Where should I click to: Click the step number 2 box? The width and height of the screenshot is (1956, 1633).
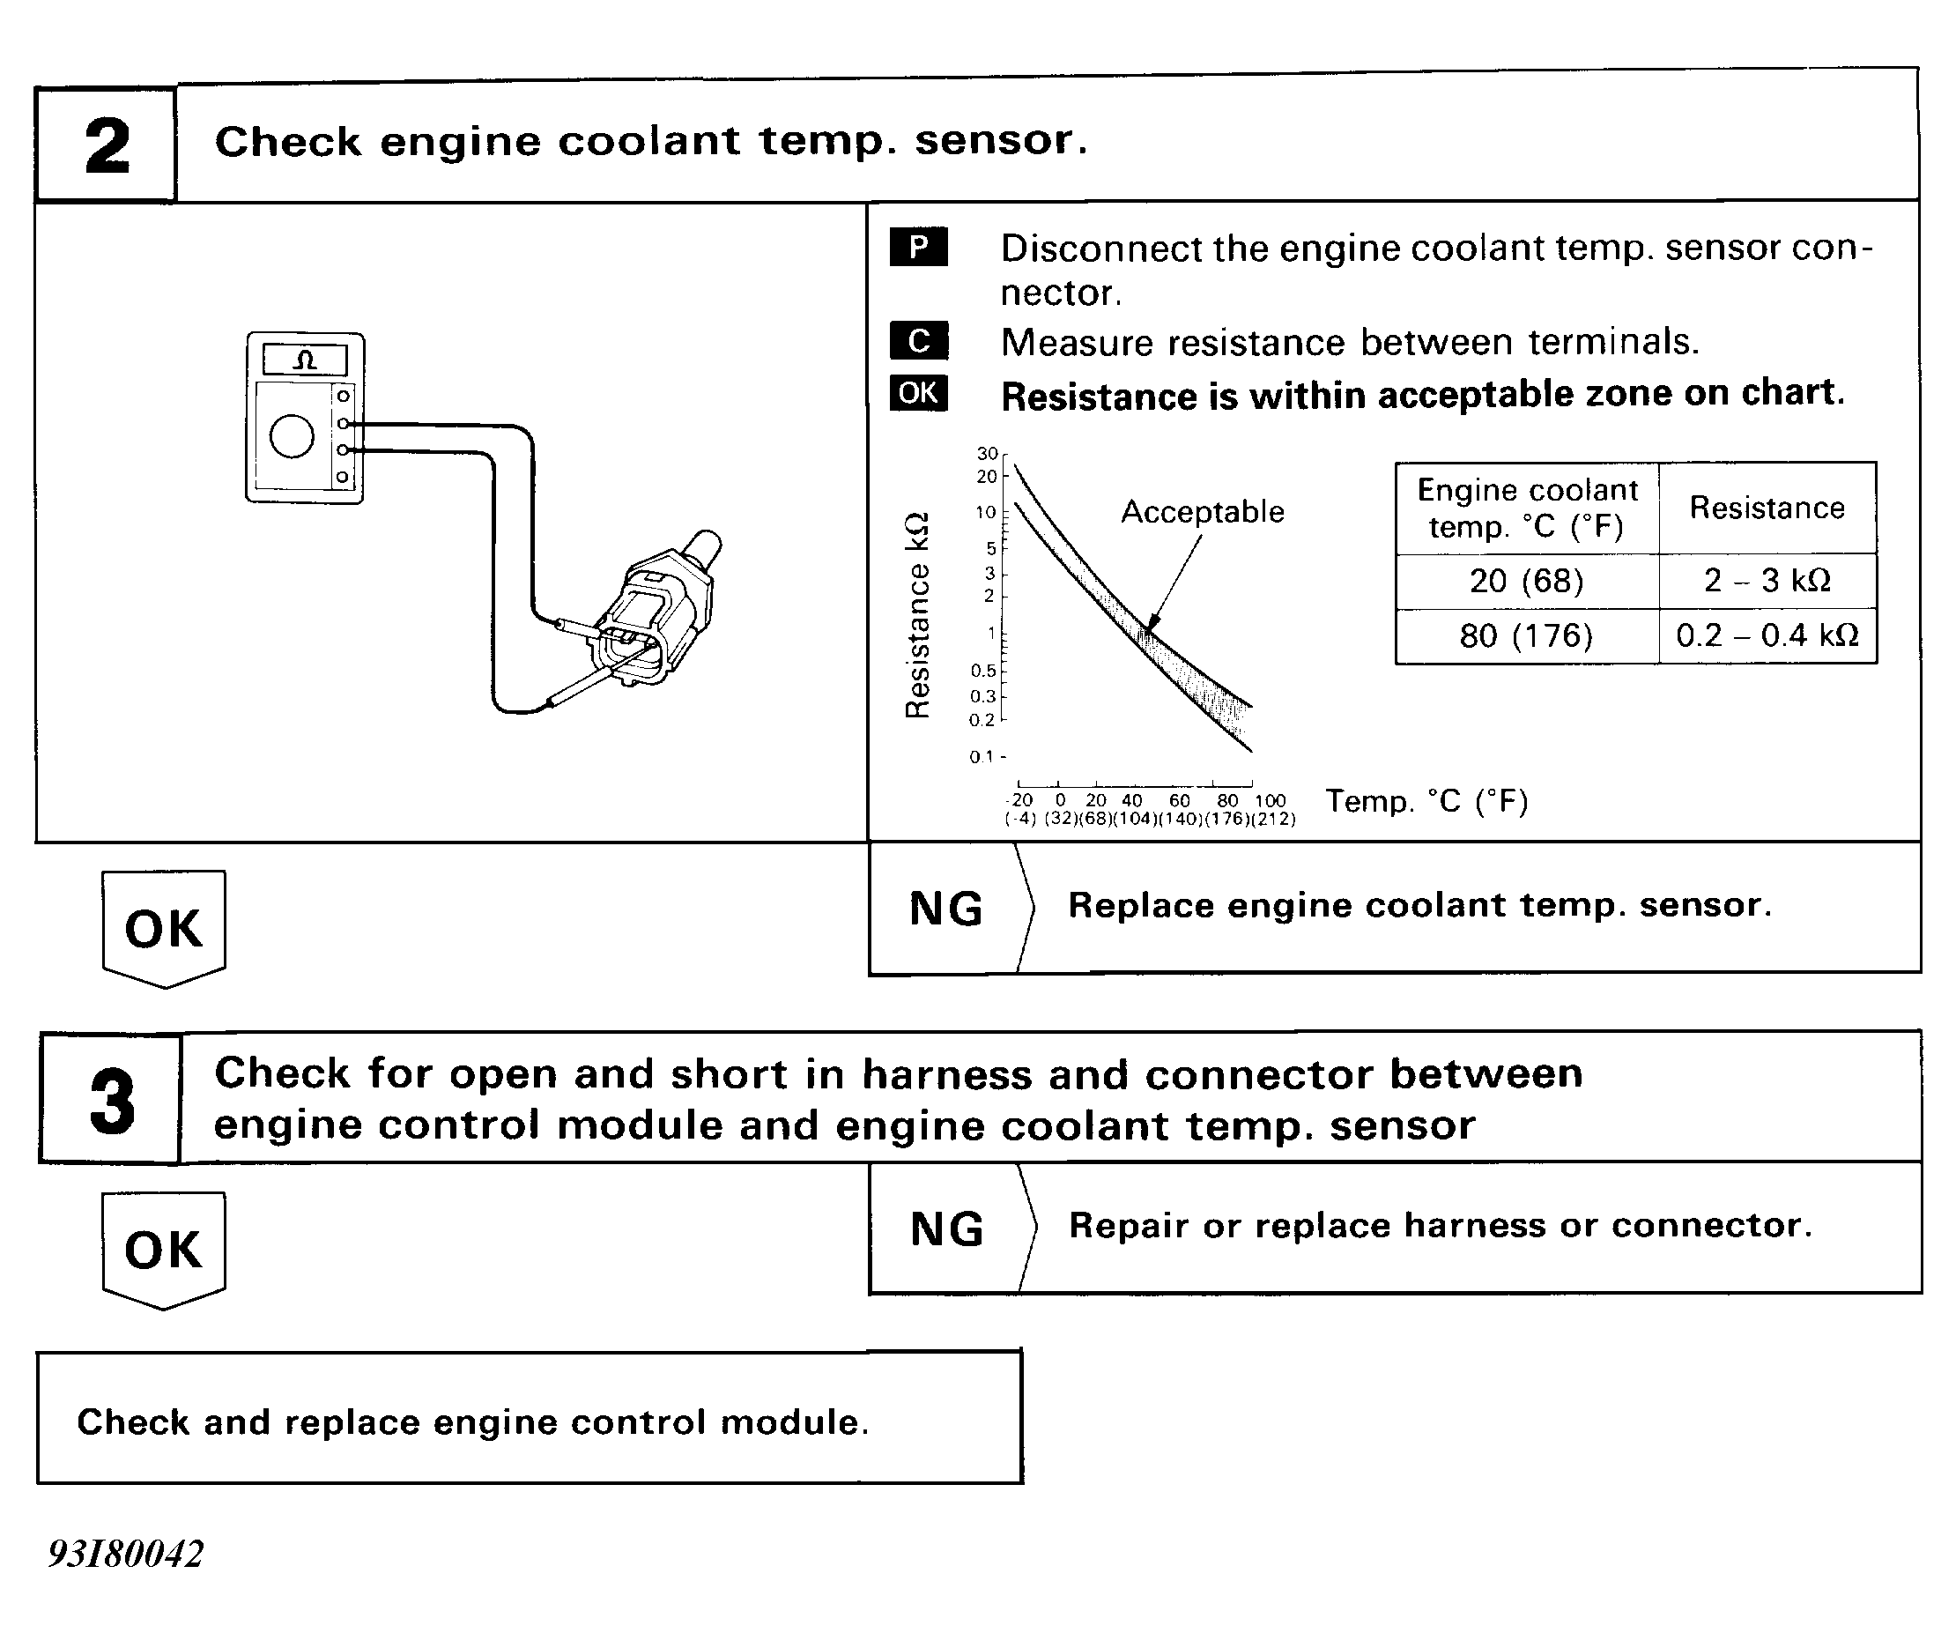tap(107, 145)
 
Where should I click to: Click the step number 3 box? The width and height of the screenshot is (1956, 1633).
tap(112, 1099)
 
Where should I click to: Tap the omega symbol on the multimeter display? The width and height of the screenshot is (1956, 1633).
tap(306, 360)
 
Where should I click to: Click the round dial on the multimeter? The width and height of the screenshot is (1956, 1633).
tap(292, 436)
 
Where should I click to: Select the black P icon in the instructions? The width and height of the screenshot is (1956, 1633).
tap(918, 247)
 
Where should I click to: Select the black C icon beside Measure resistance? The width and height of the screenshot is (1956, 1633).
tap(918, 340)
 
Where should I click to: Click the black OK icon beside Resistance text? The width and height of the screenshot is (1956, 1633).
tap(918, 392)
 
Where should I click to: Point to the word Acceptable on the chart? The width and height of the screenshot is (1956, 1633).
tap(1202, 511)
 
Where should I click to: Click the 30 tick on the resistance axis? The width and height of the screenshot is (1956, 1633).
tap(988, 454)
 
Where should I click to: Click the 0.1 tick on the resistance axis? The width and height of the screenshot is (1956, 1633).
tap(982, 756)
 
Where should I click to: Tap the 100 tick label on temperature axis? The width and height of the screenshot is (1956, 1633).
tap(1270, 800)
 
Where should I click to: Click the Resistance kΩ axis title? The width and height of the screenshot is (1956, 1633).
tap(917, 615)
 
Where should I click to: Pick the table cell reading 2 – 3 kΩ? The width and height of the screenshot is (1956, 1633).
tap(1767, 581)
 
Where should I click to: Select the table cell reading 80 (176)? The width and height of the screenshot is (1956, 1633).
tap(1526, 635)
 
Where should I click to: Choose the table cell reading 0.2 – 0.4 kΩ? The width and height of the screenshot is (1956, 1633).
tap(1767, 635)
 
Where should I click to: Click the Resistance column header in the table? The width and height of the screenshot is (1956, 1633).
tap(1767, 508)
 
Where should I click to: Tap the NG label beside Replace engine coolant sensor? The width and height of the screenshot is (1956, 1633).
tap(945, 909)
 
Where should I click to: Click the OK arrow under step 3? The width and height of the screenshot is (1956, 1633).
tap(164, 1249)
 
